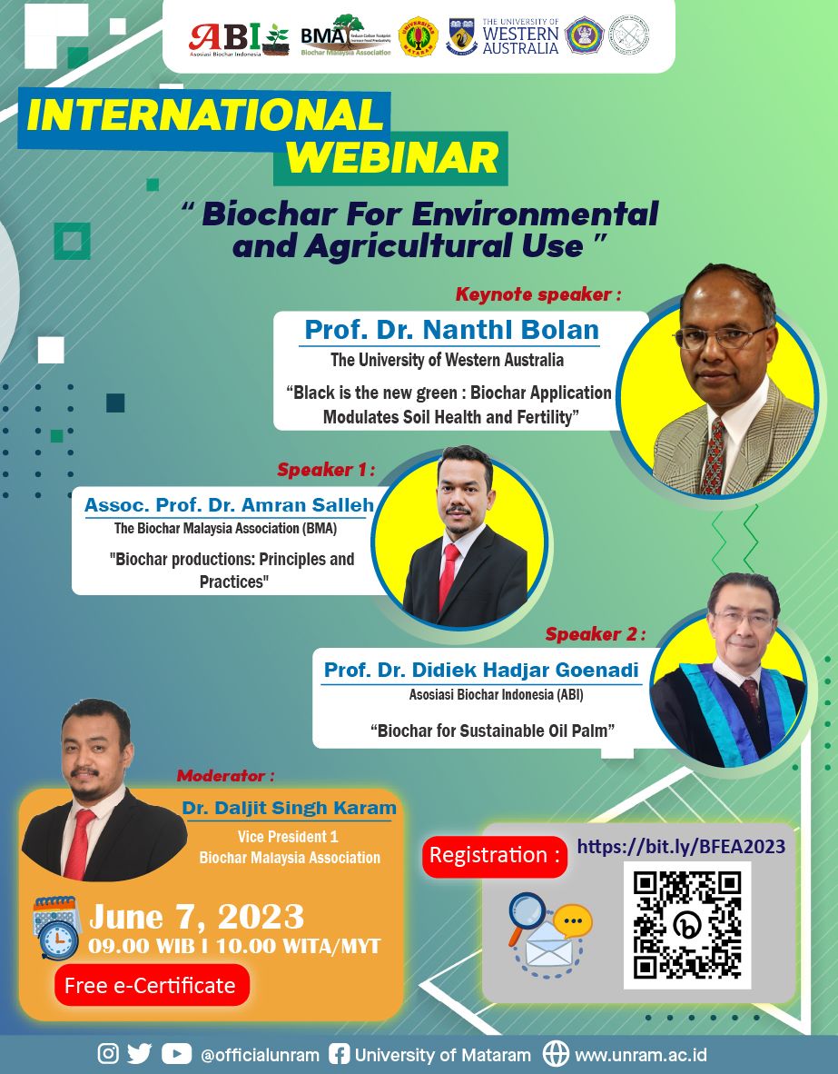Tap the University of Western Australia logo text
click(x=520, y=37)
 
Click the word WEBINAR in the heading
click(x=393, y=157)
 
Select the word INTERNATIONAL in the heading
click(x=205, y=115)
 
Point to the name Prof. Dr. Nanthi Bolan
click(x=451, y=329)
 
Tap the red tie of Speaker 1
click(x=449, y=576)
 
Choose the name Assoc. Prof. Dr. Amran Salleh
click(x=229, y=504)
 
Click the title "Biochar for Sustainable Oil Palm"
click(x=488, y=729)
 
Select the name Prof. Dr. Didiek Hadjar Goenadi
click(x=481, y=671)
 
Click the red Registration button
click(x=494, y=855)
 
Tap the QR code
click(x=686, y=925)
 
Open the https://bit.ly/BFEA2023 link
click(x=681, y=847)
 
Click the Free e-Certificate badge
click(x=151, y=985)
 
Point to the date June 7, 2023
click(x=196, y=915)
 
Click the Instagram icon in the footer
click(x=108, y=1053)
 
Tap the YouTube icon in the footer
click(x=176, y=1053)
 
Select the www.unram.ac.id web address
click(x=641, y=1055)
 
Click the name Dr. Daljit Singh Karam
click(x=289, y=808)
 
